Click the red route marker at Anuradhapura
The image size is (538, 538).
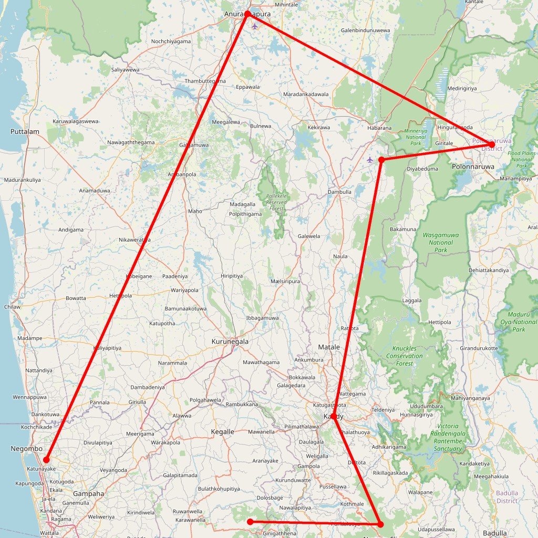click(247, 14)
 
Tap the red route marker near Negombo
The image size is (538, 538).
click(46, 460)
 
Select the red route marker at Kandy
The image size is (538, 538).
click(334, 416)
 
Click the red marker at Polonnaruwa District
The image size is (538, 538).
click(491, 144)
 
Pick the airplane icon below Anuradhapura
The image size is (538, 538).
click(255, 26)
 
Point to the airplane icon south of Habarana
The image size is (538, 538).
click(370, 159)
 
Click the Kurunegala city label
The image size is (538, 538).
click(230, 342)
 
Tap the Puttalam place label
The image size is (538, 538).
click(25, 131)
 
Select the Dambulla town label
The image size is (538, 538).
click(339, 192)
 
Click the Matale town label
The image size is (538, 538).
click(329, 347)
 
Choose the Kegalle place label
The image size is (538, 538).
click(222, 431)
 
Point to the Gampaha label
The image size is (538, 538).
click(88, 493)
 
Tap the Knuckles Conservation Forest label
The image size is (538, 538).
click(407, 356)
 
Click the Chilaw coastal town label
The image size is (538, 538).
click(12, 307)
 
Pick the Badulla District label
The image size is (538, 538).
click(507, 497)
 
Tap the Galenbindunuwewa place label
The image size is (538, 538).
click(366, 30)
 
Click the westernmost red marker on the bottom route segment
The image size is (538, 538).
click(251, 522)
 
